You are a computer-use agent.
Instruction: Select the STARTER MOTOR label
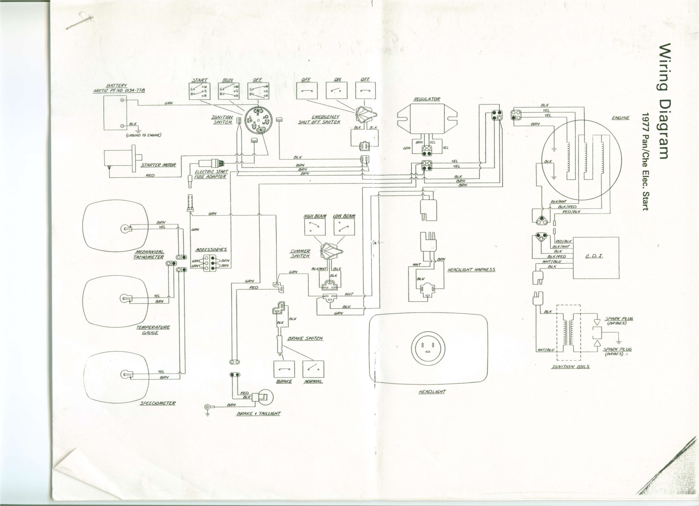point(158,165)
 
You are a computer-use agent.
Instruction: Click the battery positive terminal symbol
point(122,100)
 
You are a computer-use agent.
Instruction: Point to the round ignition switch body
point(257,121)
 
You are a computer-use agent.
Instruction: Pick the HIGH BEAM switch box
point(315,228)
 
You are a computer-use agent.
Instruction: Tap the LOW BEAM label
point(344,216)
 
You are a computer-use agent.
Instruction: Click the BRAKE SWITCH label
point(305,338)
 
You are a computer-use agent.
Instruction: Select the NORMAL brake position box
point(313,369)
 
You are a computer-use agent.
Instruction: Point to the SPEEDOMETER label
point(158,403)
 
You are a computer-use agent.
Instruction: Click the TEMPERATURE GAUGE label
point(153,330)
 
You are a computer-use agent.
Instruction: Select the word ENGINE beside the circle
point(620,118)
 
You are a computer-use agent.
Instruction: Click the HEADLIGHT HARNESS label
point(471,269)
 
